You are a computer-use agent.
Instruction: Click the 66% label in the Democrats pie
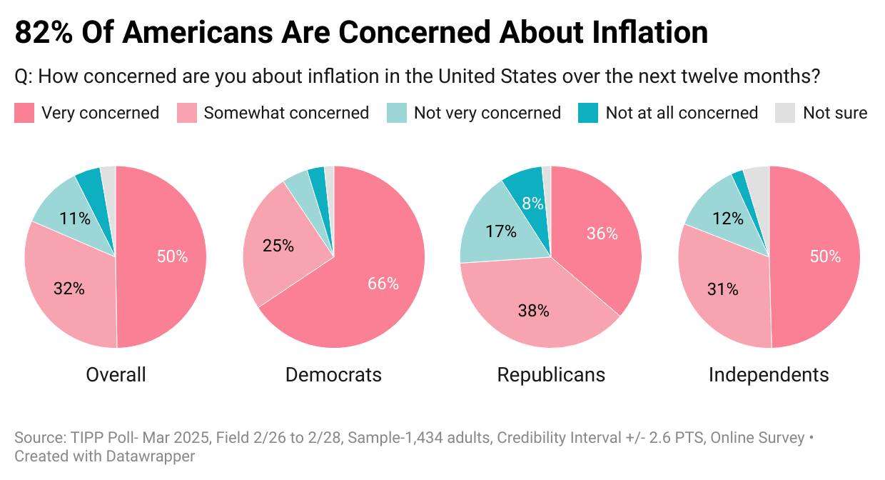pos(383,284)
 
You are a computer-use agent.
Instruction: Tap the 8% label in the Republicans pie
pos(532,203)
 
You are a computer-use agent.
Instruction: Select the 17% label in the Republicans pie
pos(500,231)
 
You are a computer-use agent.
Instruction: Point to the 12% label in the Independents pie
pos(729,219)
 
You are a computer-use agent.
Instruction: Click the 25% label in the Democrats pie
pos(278,246)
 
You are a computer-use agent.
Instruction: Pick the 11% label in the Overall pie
pos(75,219)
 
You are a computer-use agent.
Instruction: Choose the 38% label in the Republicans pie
pos(533,311)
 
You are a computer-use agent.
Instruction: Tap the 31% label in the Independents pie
pos(723,289)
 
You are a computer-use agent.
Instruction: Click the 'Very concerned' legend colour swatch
pos(24,113)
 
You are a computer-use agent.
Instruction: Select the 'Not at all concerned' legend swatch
pos(588,113)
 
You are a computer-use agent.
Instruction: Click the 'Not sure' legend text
pos(835,113)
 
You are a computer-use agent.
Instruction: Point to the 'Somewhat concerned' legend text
pos(286,113)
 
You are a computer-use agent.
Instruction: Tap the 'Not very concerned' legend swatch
pos(396,113)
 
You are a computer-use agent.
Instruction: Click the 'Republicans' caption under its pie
pos(551,375)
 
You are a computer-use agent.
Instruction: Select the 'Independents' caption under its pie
pos(769,375)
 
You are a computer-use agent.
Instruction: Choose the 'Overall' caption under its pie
pos(116,375)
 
